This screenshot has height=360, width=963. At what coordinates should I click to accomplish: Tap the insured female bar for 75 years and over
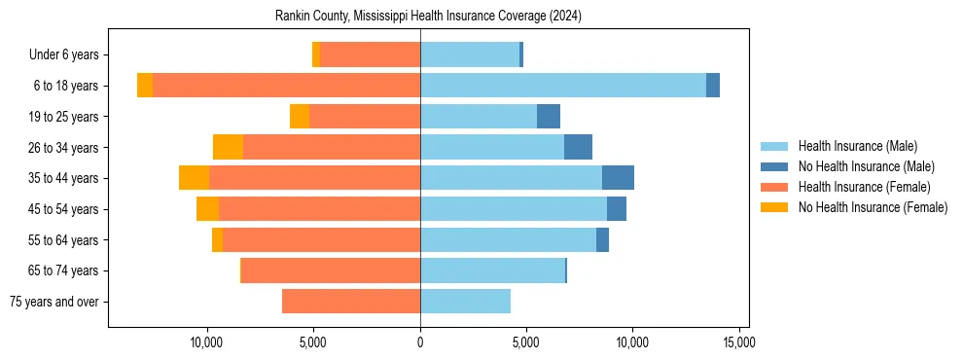pos(351,302)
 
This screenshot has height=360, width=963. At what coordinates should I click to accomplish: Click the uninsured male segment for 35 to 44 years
pos(618,178)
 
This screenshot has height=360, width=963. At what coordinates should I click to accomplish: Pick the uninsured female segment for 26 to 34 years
pos(228,147)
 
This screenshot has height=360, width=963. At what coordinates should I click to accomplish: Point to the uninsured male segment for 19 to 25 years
pos(549,117)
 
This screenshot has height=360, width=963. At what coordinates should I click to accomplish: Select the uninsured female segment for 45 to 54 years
pos(207,209)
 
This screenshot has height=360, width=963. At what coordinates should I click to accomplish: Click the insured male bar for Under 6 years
pos(469,54)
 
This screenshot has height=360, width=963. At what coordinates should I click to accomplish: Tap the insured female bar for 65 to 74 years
pos(331,270)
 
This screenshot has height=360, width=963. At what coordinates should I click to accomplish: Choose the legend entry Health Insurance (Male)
pos(857,146)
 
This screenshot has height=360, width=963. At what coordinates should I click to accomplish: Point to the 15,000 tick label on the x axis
pos(738,343)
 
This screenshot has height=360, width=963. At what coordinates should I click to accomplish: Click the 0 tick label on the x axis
pos(420,343)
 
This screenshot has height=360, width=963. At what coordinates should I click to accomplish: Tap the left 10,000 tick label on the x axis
pos(207,343)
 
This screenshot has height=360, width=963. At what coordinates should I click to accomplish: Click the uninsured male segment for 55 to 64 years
pos(602,239)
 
